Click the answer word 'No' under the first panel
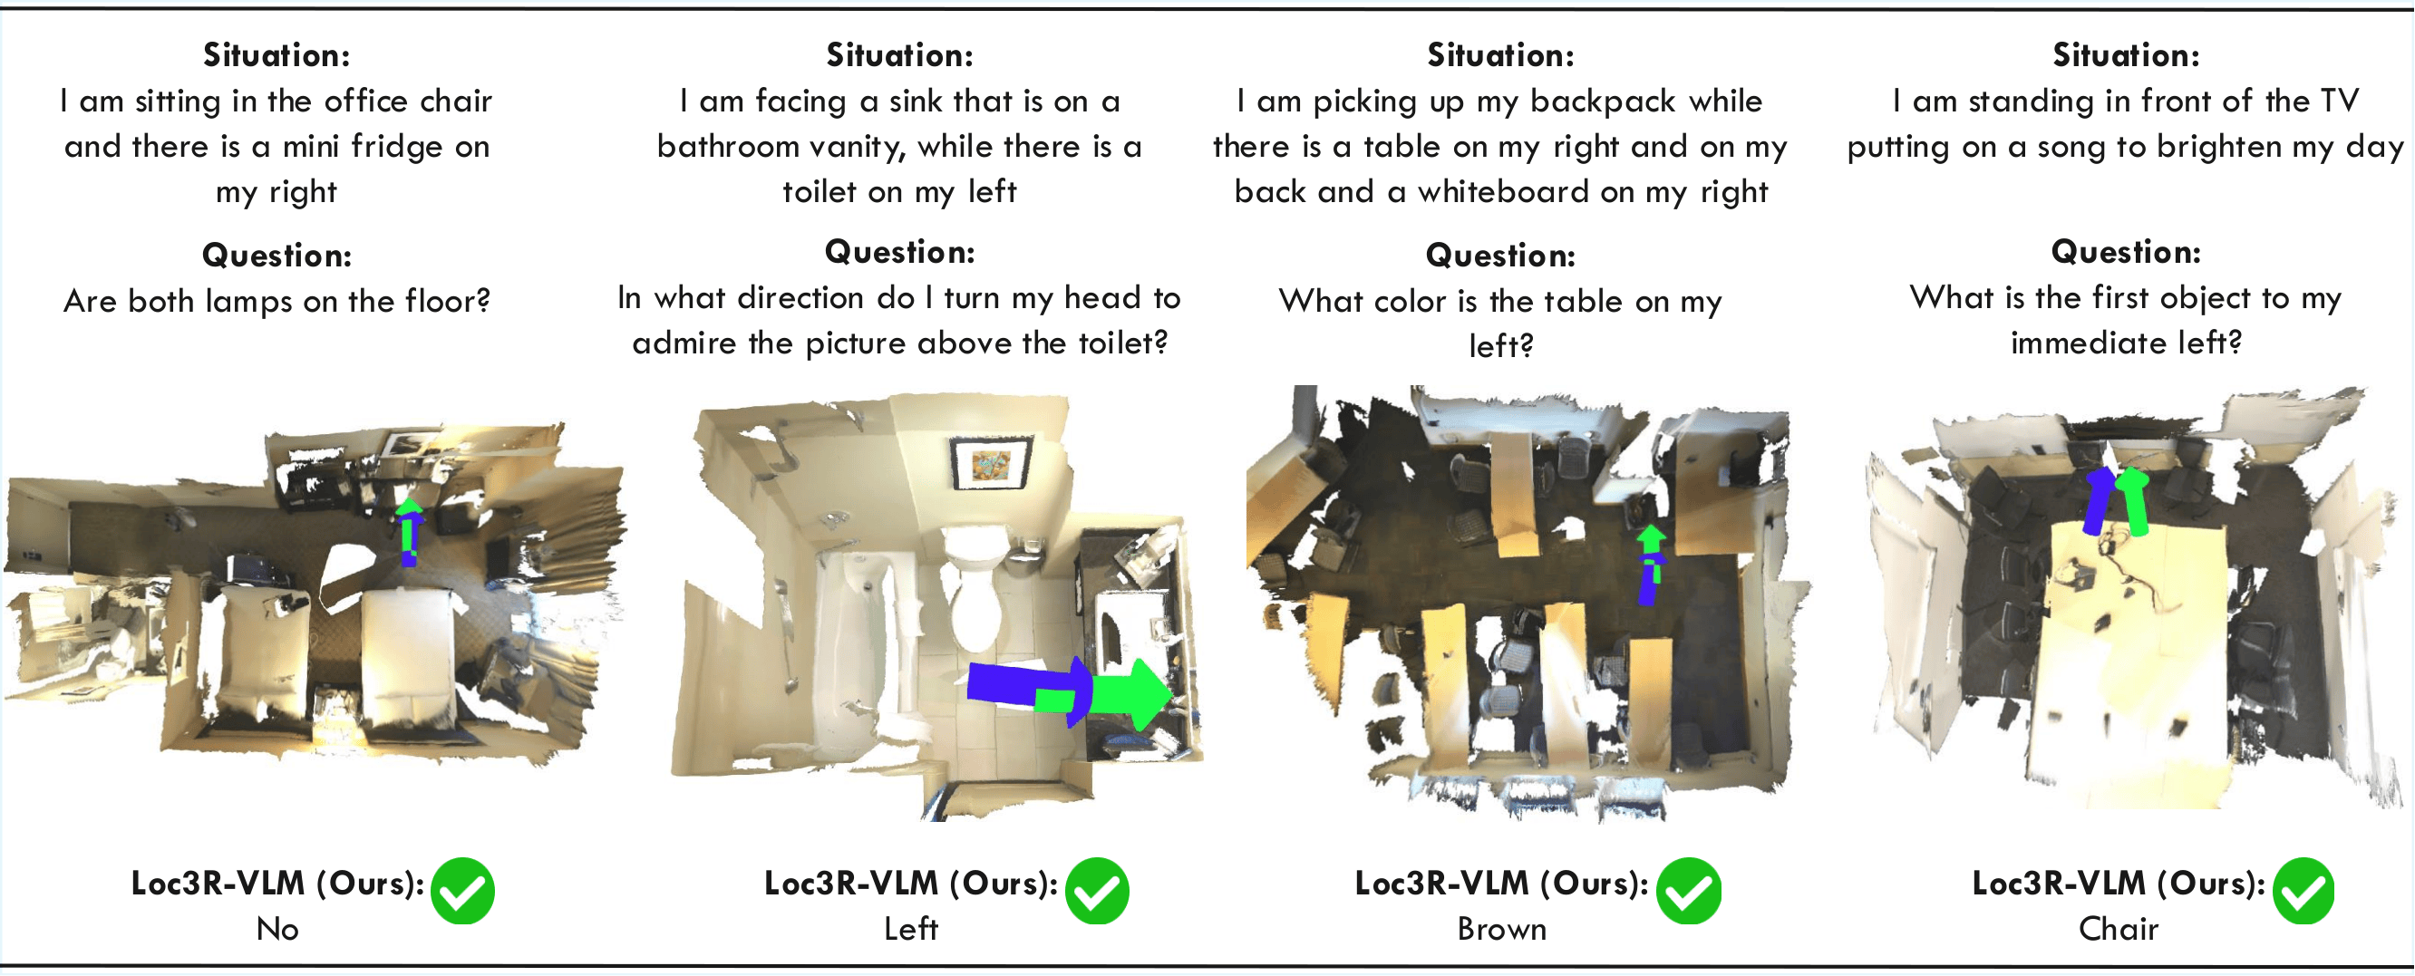click(277, 929)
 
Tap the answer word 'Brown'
click(1501, 929)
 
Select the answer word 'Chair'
click(2118, 929)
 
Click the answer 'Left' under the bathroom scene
click(910, 929)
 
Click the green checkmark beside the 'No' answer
click(463, 891)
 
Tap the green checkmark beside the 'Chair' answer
click(2303, 891)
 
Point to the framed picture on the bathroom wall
click(990, 462)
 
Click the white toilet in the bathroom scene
click(975, 591)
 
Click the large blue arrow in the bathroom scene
click(1017, 684)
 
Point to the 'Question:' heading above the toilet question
click(899, 252)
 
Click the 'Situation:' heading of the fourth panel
click(2125, 55)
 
